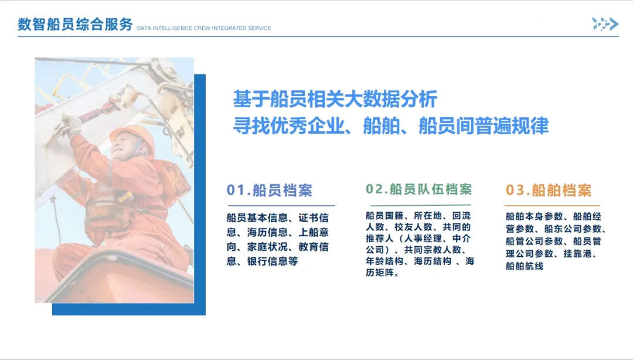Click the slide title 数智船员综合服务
click(x=75, y=24)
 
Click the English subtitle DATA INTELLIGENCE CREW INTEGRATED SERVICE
click(x=204, y=28)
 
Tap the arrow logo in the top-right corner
click(x=605, y=24)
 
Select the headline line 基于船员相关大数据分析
click(x=335, y=99)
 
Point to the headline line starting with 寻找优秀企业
click(x=391, y=125)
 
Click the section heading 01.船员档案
click(x=269, y=190)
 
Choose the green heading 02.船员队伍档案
click(x=418, y=189)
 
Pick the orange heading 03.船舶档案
click(x=549, y=191)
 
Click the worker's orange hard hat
click(x=132, y=137)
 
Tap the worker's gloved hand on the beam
click(x=69, y=125)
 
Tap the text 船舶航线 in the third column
click(x=525, y=266)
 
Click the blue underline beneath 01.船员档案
click(x=281, y=206)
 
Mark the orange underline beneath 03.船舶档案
click(x=553, y=206)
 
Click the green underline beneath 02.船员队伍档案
click(x=418, y=205)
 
